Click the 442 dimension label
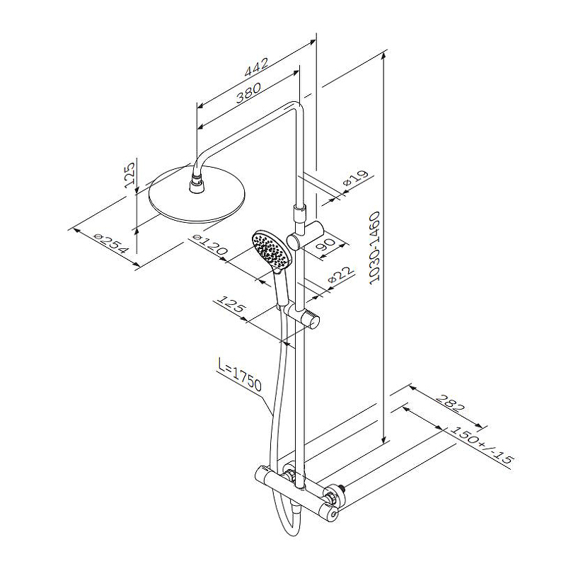(256, 67)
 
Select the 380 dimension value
(248, 93)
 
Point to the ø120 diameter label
(209, 245)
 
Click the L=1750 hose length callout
(240, 375)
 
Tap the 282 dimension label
(450, 403)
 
